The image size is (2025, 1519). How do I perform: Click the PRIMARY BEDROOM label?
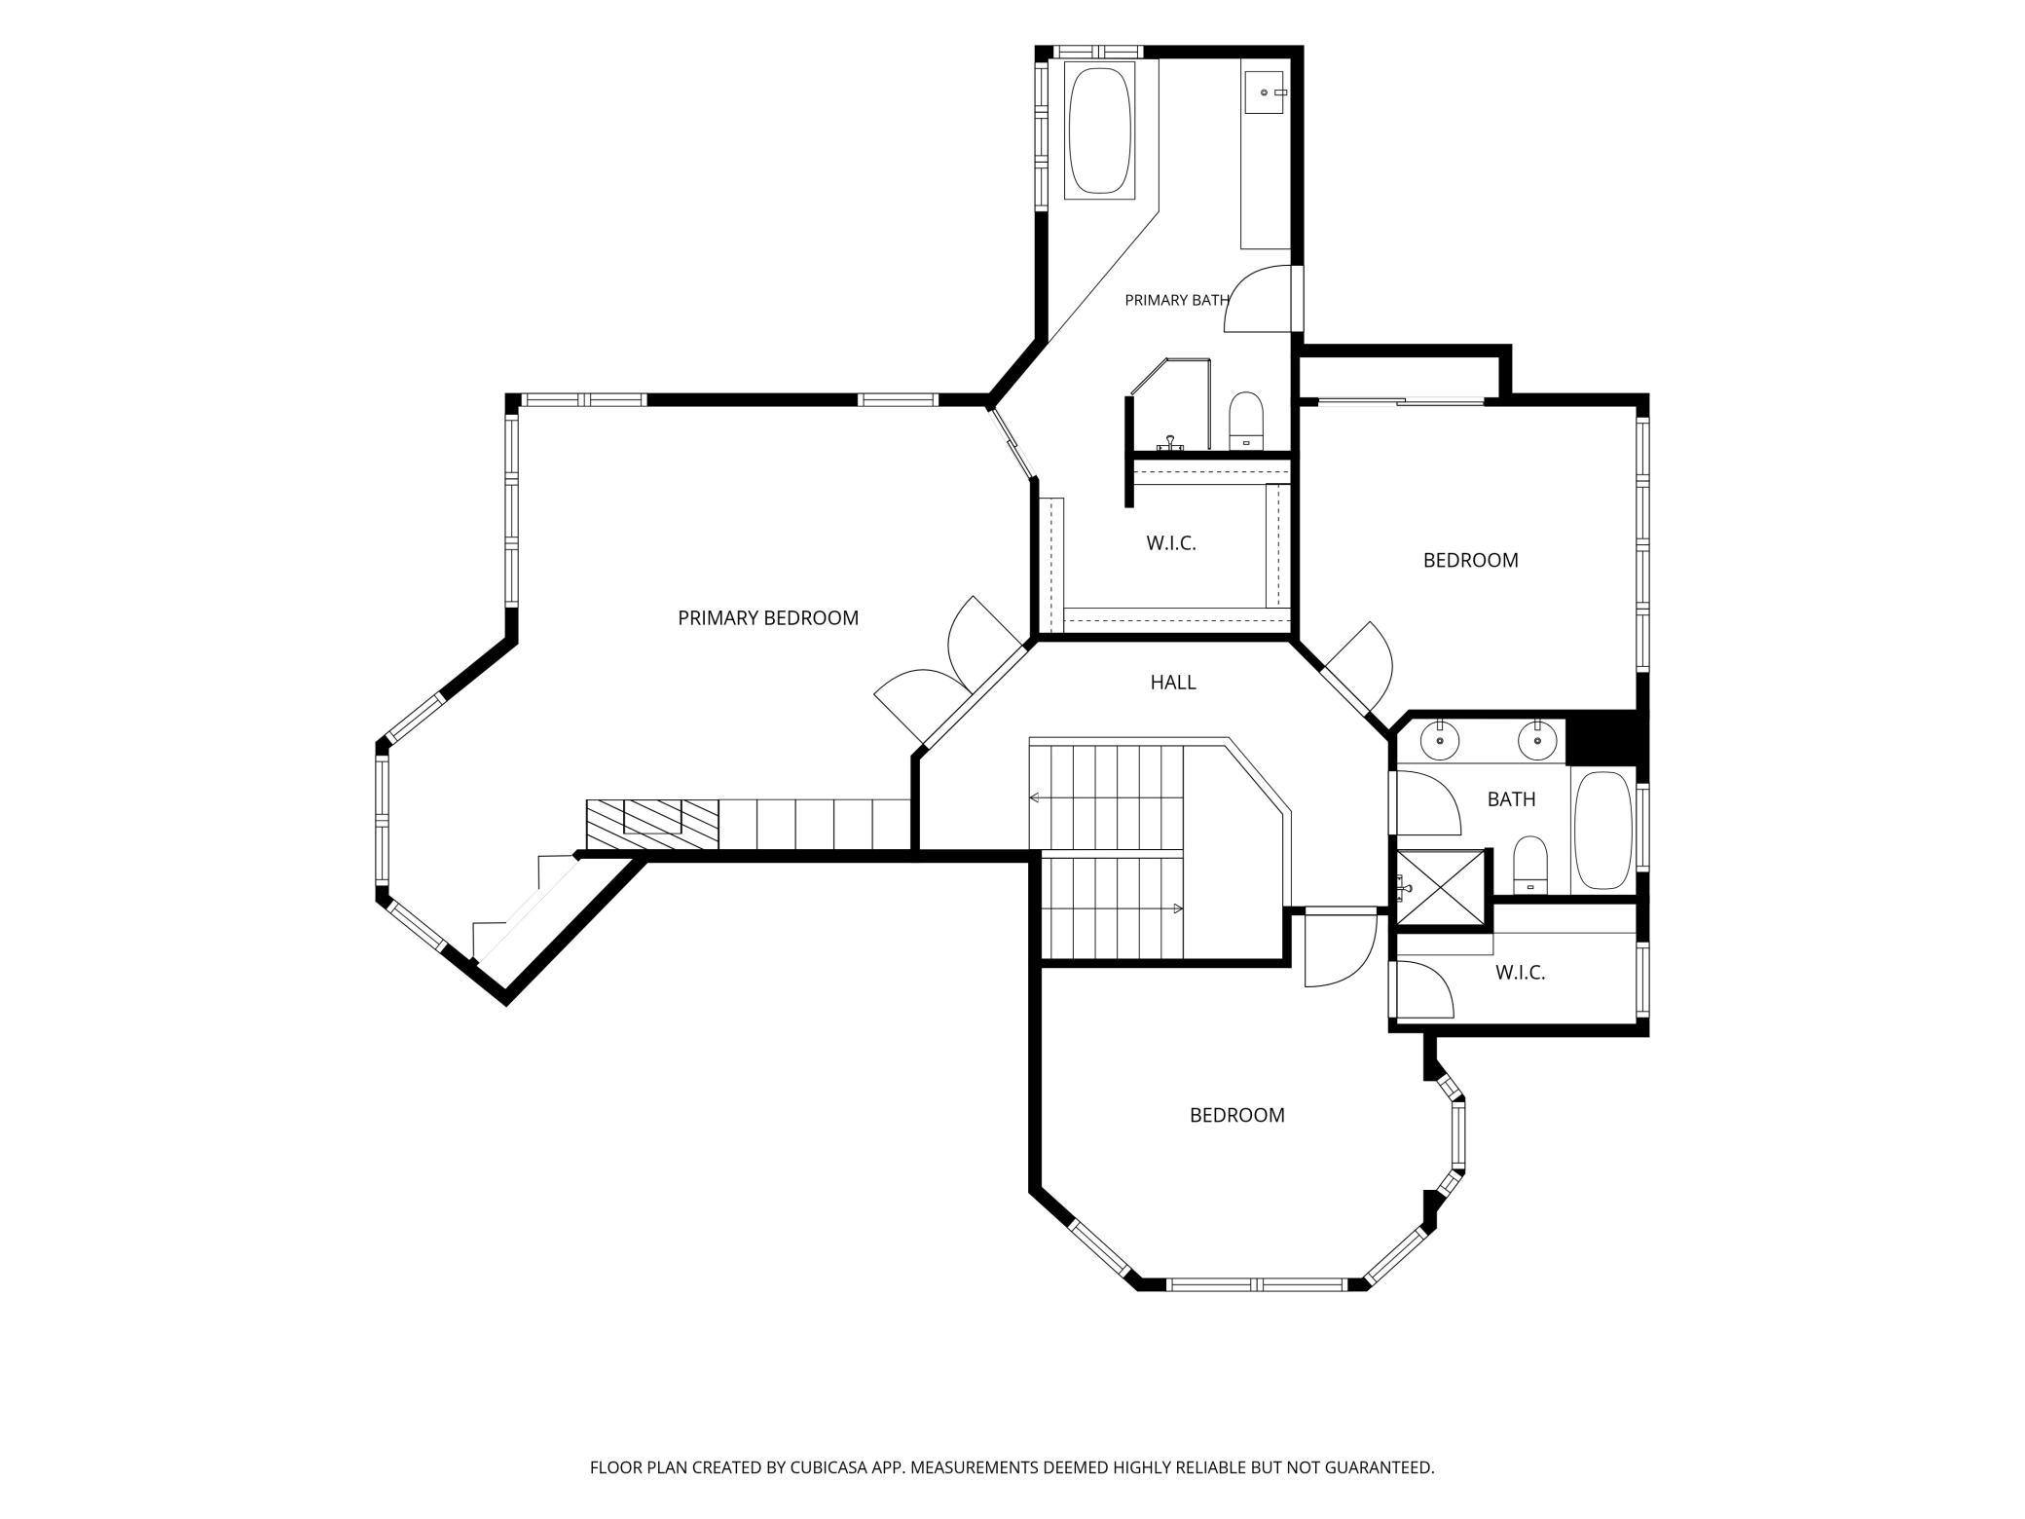(x=768, y=618)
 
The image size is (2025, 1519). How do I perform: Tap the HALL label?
(x=1173, y=683)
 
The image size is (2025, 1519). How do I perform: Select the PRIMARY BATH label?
(x=1177, y=300)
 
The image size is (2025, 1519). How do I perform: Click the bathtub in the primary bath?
(x=1100, y=130)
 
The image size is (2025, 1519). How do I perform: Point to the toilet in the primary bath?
(x=1245, y=421)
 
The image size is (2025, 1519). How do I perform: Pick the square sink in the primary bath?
(x=1266, y=92)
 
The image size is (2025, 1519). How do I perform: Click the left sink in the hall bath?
(x=1439, y=740)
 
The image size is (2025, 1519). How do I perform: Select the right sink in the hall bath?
(x=1537, y=740)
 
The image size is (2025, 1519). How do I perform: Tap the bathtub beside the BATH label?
(x=1602, y=830)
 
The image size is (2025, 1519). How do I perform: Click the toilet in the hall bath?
(x=1530, y=864)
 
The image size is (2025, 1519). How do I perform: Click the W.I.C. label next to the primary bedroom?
(x=1171, y=543)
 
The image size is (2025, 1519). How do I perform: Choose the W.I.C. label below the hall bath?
(x=1521, y=972)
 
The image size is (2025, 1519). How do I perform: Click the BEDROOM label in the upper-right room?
(x=1471, y=560)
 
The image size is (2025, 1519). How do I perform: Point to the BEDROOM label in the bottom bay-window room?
(x=1237, y=1115)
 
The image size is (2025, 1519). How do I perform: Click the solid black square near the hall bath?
(x=1606, y=737)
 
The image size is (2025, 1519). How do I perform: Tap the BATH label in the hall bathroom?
(x=1512, y=799)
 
